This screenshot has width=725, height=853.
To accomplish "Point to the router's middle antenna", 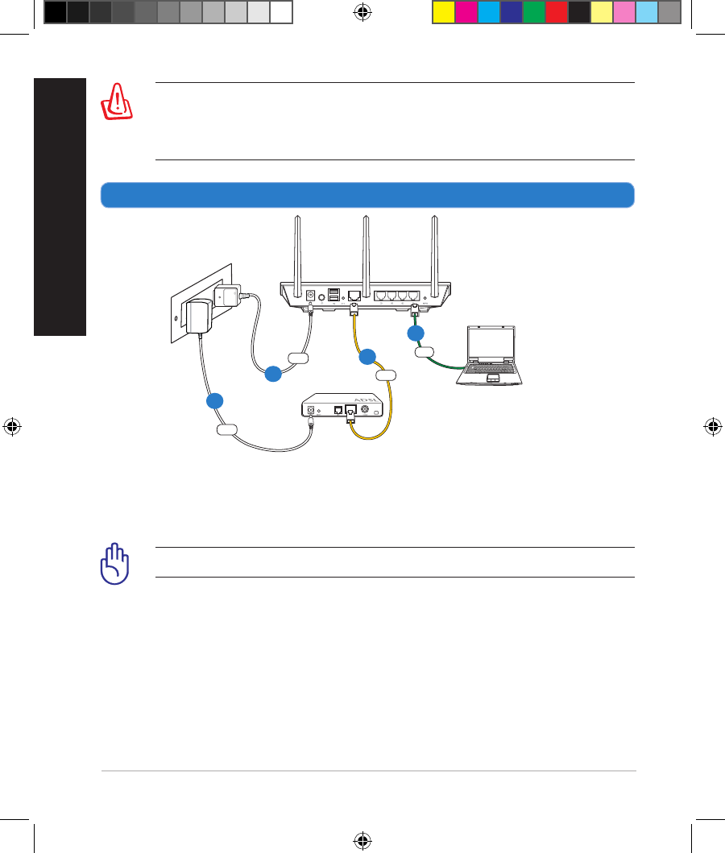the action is (365, 250).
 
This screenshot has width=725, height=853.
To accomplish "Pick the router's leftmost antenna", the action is (295, 250).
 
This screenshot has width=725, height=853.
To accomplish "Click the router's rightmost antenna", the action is (435, 250).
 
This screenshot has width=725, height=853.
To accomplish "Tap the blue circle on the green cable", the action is (415, 333).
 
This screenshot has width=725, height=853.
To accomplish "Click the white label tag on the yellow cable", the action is (386, 374).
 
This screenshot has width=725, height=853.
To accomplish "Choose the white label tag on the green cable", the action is (425, 351).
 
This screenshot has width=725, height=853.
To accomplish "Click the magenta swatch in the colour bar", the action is (466, 12).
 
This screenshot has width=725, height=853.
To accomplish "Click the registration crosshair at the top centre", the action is (362, 12).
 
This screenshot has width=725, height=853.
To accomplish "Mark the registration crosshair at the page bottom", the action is (362, 840).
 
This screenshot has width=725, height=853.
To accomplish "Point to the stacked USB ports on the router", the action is (333, 295).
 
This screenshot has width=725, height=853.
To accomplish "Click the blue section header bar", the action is (367, 195).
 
